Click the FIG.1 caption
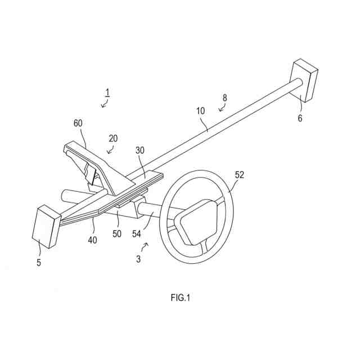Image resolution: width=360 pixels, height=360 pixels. (x=181, y=298)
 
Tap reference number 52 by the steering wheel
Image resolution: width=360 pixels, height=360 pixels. (x=240, y=175)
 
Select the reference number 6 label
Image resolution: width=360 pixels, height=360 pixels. (x=300, y=118)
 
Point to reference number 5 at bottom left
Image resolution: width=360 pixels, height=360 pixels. (x=39, y=262)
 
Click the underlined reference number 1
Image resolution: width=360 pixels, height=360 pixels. (x=107, y=92)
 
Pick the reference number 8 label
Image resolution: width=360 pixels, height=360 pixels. (x=224, y=98)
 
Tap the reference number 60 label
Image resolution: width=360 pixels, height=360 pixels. (x=78, y=123)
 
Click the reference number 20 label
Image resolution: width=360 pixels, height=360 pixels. (x=113, y=138)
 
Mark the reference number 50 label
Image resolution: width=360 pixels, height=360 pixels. (x=116, y=232)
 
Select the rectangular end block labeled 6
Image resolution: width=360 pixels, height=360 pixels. (x=304, y=80)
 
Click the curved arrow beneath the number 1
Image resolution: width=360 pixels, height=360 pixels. (x=104, y=103)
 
